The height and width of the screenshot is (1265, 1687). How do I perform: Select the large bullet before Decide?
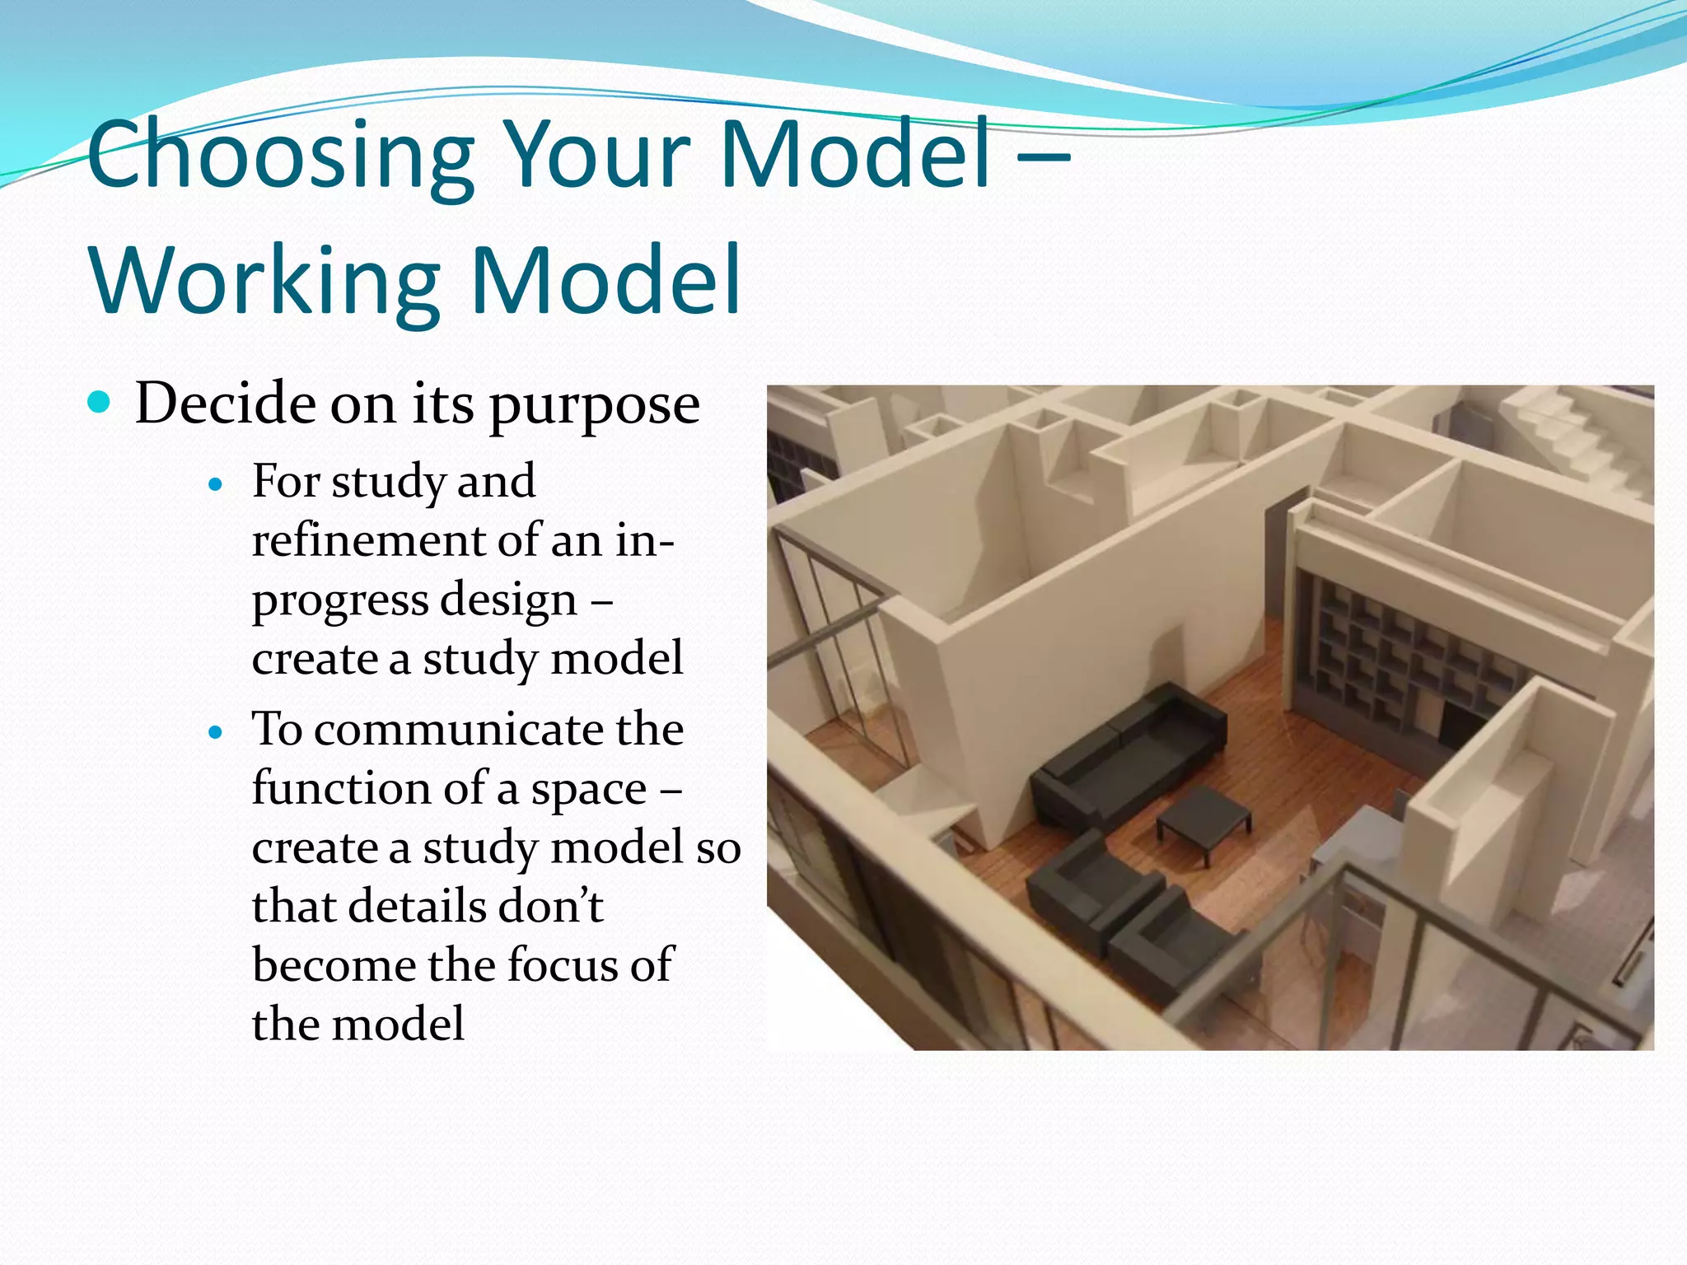[x=99, y=402]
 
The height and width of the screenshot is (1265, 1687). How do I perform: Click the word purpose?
[x=594, y=406]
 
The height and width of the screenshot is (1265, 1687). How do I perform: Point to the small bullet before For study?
[x=216, y=485]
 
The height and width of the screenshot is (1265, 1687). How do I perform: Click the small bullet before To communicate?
[x=216, y=732]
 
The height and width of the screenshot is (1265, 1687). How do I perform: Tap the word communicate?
[x=457, y=730]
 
